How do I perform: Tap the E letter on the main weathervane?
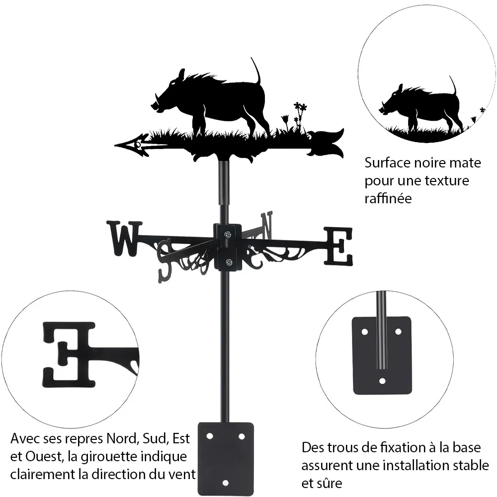click(x=338, y=247)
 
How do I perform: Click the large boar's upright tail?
click(x=256, y=71)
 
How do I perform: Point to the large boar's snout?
click(x=155, y=105)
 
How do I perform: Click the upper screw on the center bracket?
click(x=228, y=235)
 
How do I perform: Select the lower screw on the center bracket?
click(x=228, y=262)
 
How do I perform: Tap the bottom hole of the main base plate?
click(x=225, y=483)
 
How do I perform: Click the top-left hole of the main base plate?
click(x=210, y=436)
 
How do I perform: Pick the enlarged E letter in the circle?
click(x=69, y=355)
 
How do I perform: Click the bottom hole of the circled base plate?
click(x=382, y=381)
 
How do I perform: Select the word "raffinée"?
click(x=388, y=198)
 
